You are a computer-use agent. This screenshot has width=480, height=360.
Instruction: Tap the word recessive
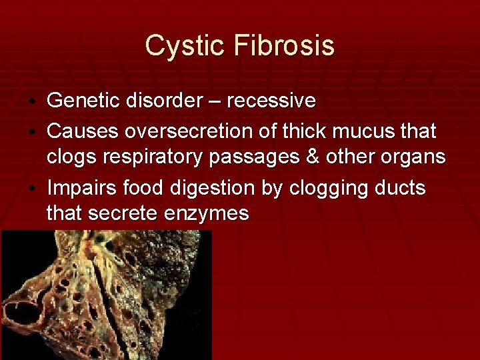[x=271, y=101]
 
